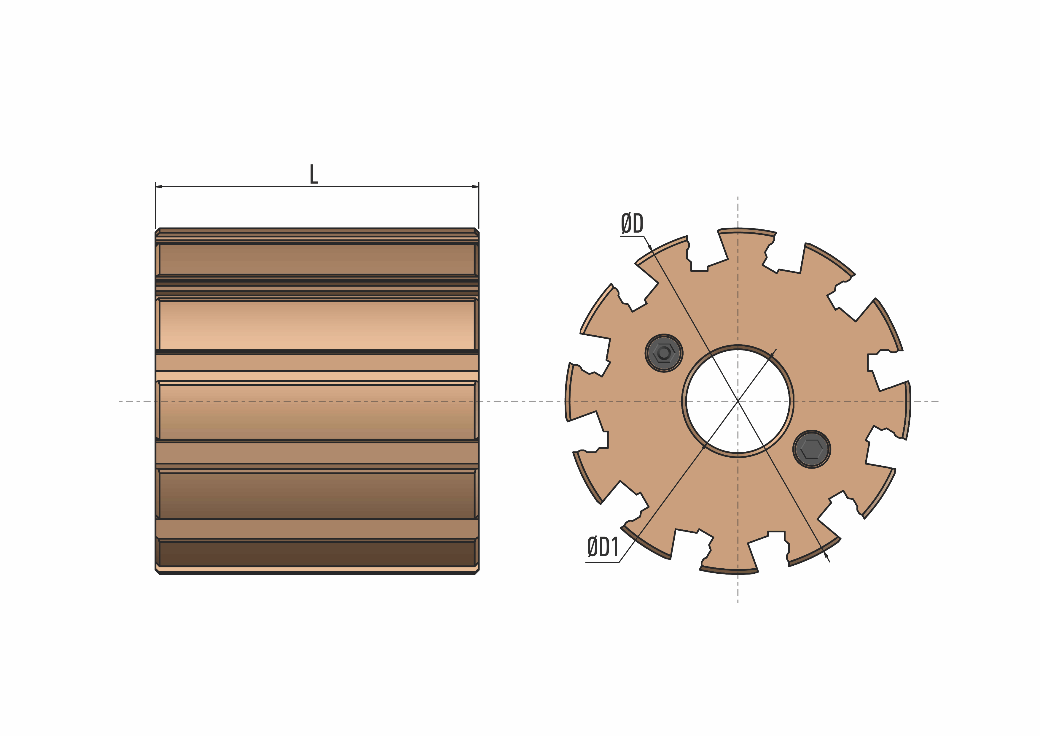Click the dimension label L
313,175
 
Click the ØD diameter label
632,223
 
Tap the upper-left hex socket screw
664,353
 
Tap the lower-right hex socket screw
812,449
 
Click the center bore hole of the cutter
738,401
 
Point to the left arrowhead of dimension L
159,187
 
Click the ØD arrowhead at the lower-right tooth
826,555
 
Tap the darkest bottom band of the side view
317,554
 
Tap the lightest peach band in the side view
317,335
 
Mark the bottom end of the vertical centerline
738,602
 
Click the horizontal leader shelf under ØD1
602,562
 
